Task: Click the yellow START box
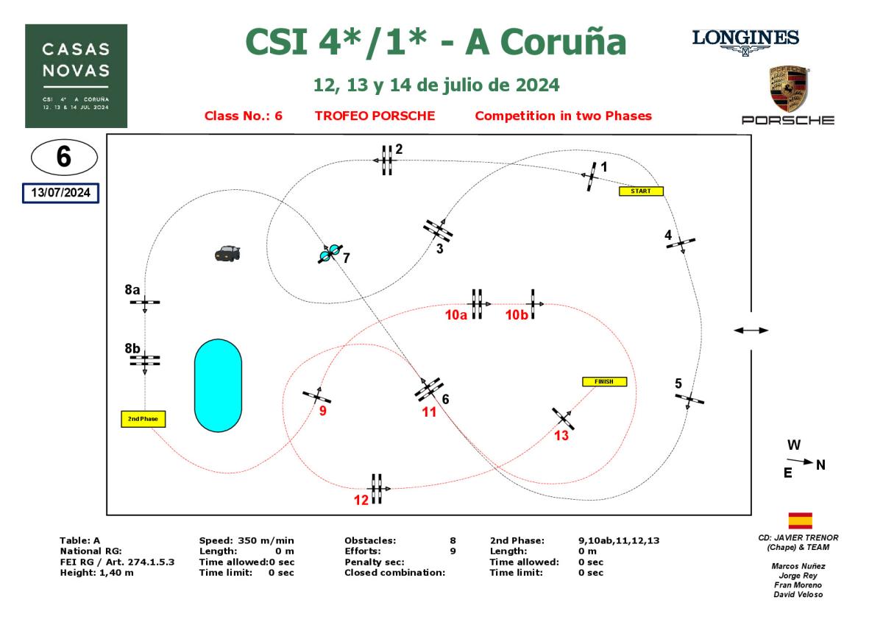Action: pyautogui.click(x=641, y=191)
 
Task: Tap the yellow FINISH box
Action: pyautogui.click(x=604, y=381)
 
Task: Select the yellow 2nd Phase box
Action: pyautogui.click(x=143, y=419)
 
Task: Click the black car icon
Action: pyautogui.click(x=227, y=253)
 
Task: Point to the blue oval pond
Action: pyautogui.click(x=218, y=385)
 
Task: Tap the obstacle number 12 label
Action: pyautogui.click(x=361, y=500)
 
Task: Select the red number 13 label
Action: pyautogui.click(x=561, y=435)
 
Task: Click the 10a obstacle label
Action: pyautogui.click(x=456, y=315)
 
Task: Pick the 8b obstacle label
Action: pyautogui.click(x=132, y=347)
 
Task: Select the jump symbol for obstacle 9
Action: pyautogui.click(x=317, y=396)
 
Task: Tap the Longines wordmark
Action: pyautogui.click(x=745, y=37)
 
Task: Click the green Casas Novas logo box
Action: pyautogui.click(x=77, y=76)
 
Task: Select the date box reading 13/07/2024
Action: pyautogui.click(x=60, y=193)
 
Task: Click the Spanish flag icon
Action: pyautogui.click(x=800, y=520)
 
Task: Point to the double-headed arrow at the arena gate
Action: pyautogui.click(x=751, y=331)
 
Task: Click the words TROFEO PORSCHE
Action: pyautogui.click(x=375, y=116)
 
